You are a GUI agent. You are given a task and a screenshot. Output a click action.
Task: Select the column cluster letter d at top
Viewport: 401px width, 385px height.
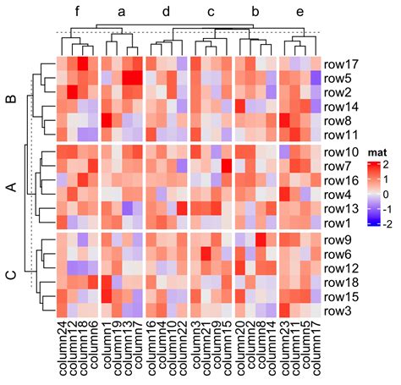coord(166,13)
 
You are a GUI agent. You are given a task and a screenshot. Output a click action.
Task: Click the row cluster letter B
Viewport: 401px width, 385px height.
coord(11,100)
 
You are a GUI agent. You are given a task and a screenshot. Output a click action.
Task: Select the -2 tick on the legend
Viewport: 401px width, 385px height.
coord(387,223)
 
